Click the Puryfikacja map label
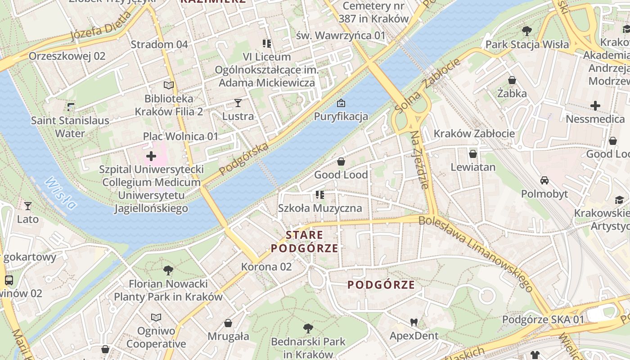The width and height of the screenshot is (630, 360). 341,117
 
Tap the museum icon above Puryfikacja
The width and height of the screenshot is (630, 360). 341,103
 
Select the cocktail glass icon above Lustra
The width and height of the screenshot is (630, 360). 238,103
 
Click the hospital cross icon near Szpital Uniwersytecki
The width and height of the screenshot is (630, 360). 151,156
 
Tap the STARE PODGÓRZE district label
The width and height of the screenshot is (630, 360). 305,242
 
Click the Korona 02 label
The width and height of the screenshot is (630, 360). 266,267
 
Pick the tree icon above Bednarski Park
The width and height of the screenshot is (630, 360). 308,328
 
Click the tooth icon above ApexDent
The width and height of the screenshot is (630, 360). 414,322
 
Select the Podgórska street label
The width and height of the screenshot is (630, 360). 244,159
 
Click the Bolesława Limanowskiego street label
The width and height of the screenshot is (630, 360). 476,254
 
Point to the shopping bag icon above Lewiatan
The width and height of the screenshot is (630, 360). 473,154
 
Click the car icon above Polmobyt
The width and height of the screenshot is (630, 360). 544,180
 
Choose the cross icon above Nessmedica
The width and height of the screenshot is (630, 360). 595,106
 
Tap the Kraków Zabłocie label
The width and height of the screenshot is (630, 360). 474,134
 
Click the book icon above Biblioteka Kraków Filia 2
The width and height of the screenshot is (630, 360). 169,85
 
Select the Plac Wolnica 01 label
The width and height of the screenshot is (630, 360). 180,136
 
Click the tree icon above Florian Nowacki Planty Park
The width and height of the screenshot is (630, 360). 168,270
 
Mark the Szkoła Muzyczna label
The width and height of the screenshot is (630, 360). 320,208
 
